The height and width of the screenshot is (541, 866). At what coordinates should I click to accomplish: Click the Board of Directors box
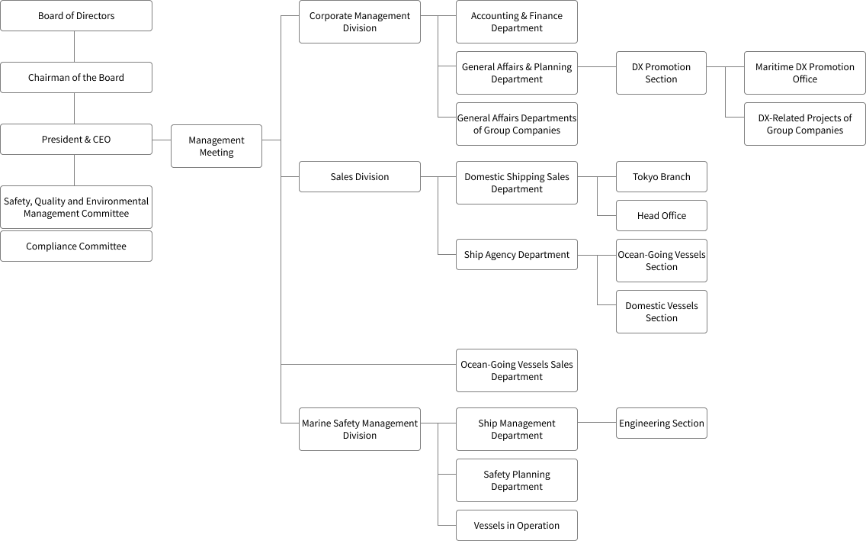click(x=76, y=16)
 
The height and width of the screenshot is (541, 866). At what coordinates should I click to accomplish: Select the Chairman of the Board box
click(x=76, y=78)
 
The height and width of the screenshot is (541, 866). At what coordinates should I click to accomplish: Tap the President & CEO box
click(x=76, y=140)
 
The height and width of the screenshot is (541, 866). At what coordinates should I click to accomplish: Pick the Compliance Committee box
click(x=76, y=246)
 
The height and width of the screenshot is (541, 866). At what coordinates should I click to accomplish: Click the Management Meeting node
click(x=216, y=147)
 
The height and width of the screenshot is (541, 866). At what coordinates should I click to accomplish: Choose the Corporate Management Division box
click(x=360, y=22)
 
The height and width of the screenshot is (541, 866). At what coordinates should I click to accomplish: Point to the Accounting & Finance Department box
click(x=517, y=22)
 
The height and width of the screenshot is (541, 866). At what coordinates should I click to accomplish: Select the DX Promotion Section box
click(x=661, y=73)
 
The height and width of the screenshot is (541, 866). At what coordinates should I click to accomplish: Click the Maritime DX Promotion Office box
click(x=805, y=73)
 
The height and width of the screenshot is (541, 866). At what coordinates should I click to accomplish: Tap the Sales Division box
click(x=360, y=177)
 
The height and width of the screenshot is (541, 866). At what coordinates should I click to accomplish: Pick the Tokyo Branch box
click(x=661, y=177)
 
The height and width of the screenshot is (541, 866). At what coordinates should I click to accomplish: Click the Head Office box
click(x=661, y=216)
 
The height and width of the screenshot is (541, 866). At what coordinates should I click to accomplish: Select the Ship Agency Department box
click(x=517, y=255)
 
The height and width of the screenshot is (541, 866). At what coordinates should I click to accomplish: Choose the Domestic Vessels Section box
click(x=661, y=312)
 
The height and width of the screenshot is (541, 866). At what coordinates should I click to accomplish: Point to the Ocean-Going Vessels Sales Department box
click(x=517, y=371)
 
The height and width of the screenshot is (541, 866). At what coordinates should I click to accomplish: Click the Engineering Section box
click(x=661, y=423)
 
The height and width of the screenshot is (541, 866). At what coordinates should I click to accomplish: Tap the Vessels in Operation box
click(x=517, y=526)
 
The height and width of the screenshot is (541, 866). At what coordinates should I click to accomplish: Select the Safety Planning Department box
click(x=517, y=481)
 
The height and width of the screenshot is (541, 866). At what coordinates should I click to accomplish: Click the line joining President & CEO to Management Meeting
click(x=162, y=140)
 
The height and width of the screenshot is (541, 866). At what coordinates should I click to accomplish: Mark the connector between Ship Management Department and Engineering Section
click(x=597, y=423)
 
